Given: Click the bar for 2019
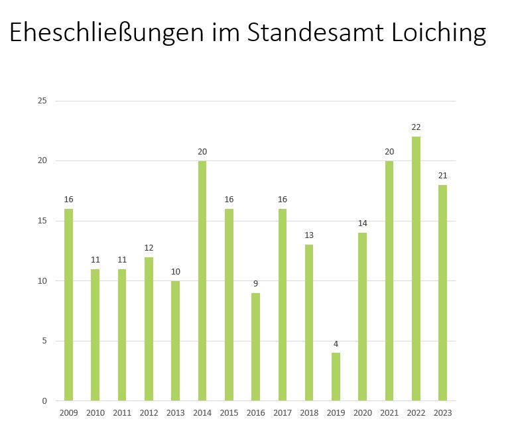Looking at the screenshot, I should [x=336, y=377].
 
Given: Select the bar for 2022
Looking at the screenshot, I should [x=416, y=269].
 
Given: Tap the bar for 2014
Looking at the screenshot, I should [x=202, y=280].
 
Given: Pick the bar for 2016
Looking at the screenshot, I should [x=255, y=347].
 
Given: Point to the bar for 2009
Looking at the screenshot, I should [x=68, y=305].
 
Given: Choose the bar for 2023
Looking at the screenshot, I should [x=442, y=292].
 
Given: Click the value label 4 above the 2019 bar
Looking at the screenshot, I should [x=336, y=344].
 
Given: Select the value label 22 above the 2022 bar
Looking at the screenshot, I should [x=416, y=127].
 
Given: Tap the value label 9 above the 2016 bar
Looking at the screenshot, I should [x=255, y=284].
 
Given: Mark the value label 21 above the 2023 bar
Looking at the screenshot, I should [x=442, y=176].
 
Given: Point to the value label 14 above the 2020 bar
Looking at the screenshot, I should [x=362, y=223].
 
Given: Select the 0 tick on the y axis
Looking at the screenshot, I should [x=44, y=401].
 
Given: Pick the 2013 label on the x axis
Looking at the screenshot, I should [x=175, y=413].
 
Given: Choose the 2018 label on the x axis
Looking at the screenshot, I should [x=309, y=413].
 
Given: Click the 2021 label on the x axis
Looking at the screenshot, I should [x=389, y=413].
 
